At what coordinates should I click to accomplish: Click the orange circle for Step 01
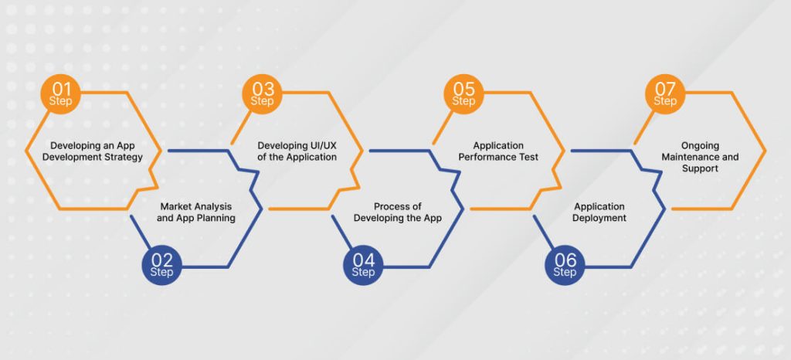(60, 93)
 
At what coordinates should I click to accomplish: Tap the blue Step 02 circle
(161, 265)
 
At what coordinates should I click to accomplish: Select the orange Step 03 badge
(262, 93)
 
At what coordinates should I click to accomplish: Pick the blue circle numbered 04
(363, 265)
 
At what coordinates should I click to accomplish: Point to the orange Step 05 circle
(463, 93)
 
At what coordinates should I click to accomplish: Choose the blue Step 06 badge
(565, 265)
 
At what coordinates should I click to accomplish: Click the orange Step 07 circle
(665, 93)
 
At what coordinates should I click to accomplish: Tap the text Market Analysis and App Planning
(196, 212)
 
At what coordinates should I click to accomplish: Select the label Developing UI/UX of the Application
(297, 151)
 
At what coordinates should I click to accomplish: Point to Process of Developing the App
(397, 212)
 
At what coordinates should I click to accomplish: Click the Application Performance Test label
(498, 151)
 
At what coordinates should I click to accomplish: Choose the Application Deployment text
(599, 212)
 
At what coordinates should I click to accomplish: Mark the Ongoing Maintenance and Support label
(700, 157)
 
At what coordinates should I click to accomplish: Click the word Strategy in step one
(126, 158)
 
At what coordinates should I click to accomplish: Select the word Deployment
(599, 219)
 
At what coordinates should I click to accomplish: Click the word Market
(175, 206)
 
